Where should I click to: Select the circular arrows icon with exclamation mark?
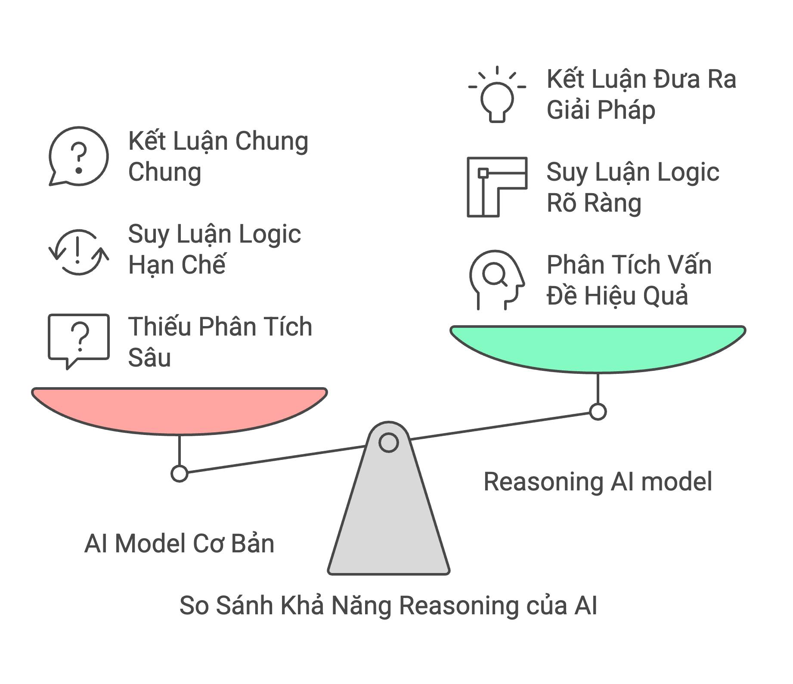pos(78,252)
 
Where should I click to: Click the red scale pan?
pos(180,409)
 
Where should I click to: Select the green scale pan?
pos(598,347)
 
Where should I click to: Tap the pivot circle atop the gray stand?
pos(388,443)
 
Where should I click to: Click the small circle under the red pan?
pos(180,474)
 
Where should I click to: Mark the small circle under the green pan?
pos(598,412)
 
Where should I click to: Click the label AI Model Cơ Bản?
pos(179,543)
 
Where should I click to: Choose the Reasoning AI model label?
pos(598,481)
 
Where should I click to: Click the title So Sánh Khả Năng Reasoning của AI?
pos(388,606)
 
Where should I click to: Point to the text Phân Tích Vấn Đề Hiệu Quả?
pos(629,280)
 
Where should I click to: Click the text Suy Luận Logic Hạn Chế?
pos(214,249)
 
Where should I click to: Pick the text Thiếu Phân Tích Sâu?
pos(220,342)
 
